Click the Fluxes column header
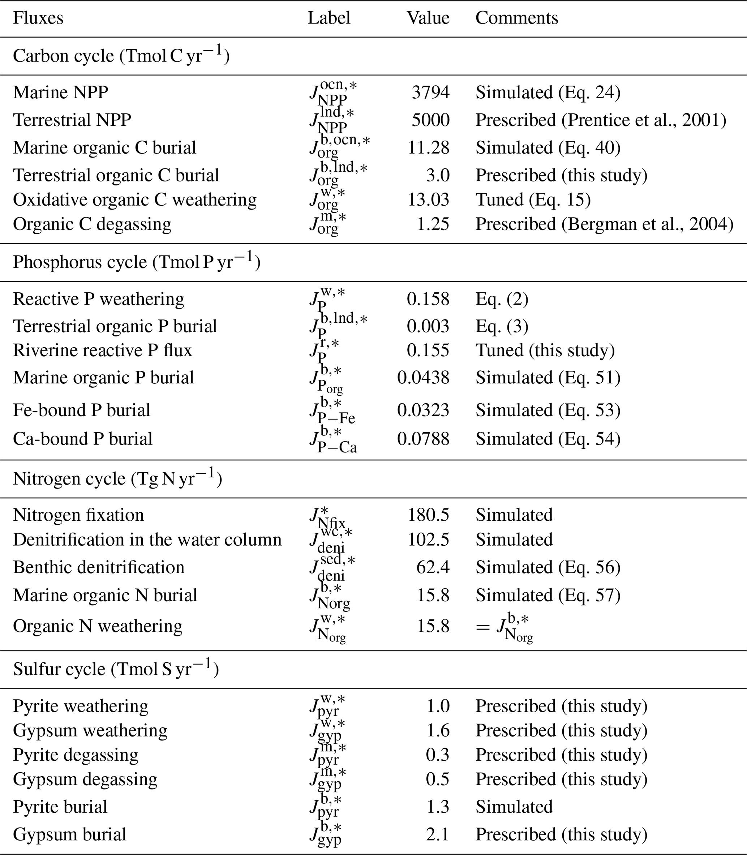pos(38,18)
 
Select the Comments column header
pos(516,18)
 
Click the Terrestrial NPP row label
pos(72,120)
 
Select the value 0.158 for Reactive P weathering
pos(428,299)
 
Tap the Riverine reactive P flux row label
pos(103,351)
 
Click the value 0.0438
pos(423,378)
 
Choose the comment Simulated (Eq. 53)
pos(548,410)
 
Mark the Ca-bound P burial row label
pos(82,439)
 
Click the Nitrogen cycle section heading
pos(117,478)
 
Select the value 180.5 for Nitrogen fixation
pos(428,515)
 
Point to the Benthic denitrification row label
pos(98,567)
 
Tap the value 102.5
pos(428,540)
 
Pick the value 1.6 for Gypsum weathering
pos(437,730)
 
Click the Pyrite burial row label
pos(60,807)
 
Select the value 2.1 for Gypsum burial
pos(437,834)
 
